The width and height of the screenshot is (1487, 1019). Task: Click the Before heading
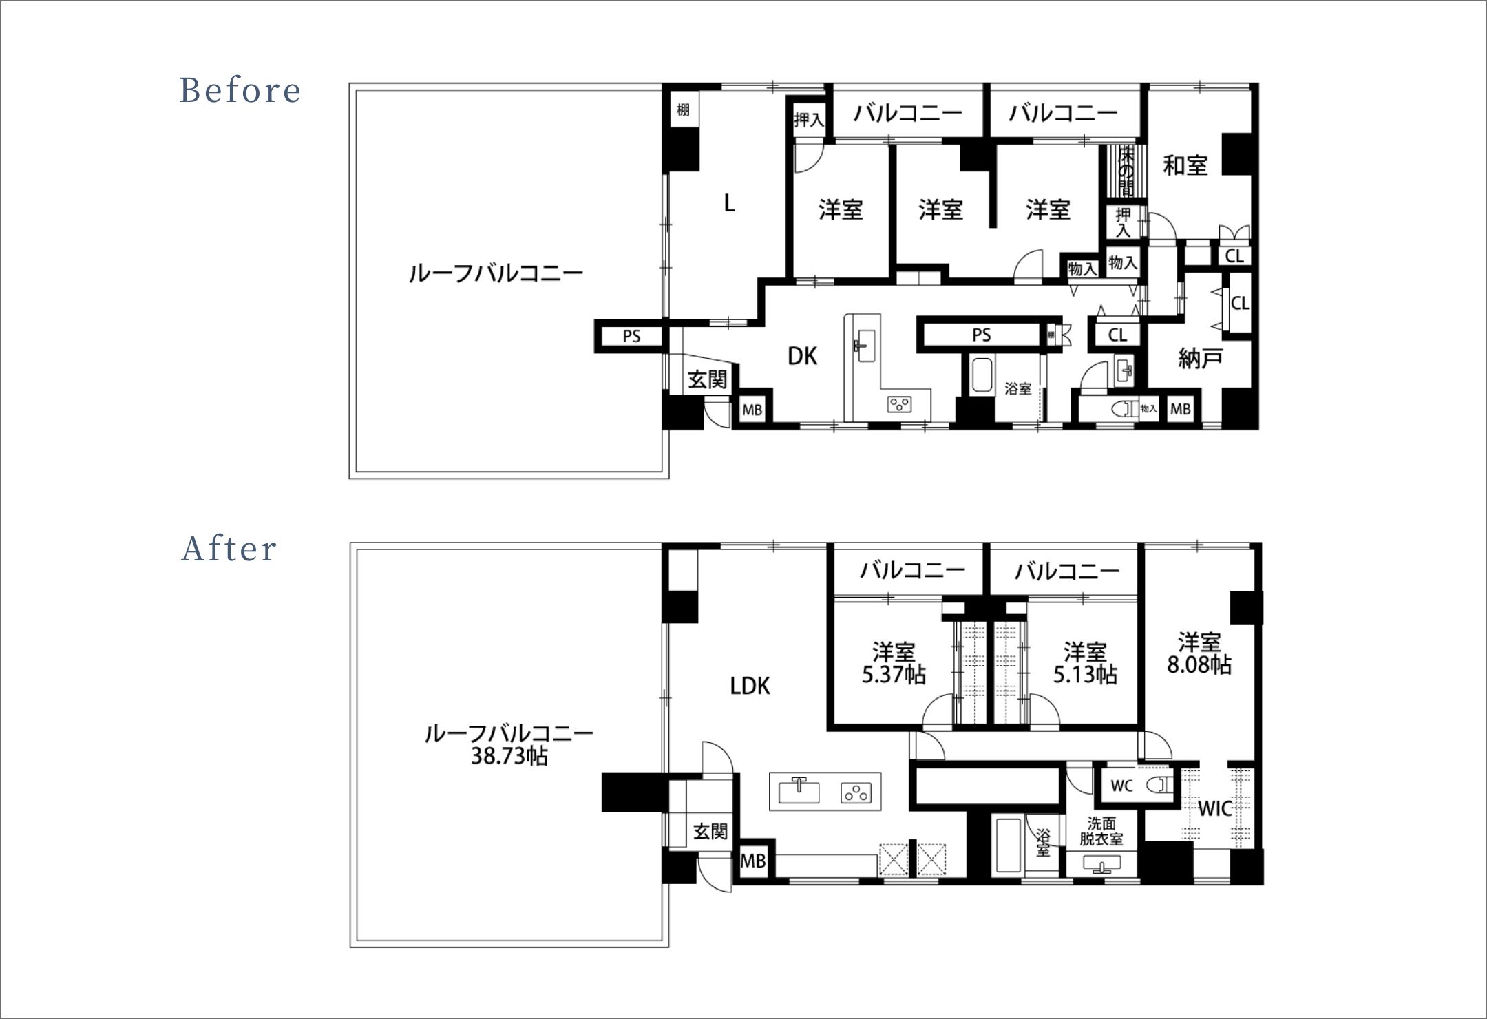(240, 91)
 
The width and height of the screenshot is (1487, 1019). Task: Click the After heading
(229, 549)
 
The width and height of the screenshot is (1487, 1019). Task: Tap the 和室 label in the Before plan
(1185, 165)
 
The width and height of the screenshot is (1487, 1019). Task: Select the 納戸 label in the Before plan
(1200, 358)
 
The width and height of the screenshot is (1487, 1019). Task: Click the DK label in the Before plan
(802, 356)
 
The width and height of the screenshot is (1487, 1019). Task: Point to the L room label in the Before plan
(729, 203)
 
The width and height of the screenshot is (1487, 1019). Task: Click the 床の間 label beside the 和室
(1126, 171)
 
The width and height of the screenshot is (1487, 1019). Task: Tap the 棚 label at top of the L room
(683, 109)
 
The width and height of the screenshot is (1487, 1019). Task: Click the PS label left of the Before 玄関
(631, 336)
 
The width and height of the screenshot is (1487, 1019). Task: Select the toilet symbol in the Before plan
(1126, 409)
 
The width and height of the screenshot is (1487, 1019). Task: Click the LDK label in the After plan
(750, 686)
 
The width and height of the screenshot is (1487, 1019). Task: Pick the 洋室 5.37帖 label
(894, 662)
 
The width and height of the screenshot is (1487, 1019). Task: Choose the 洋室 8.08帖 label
(1199, 653)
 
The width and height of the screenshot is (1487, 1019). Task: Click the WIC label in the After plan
(1215, 808)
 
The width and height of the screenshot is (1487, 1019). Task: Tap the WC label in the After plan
(1122, 786)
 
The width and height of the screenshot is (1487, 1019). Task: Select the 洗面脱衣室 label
(1101, 831)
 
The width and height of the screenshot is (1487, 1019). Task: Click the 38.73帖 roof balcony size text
(509, 757)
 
